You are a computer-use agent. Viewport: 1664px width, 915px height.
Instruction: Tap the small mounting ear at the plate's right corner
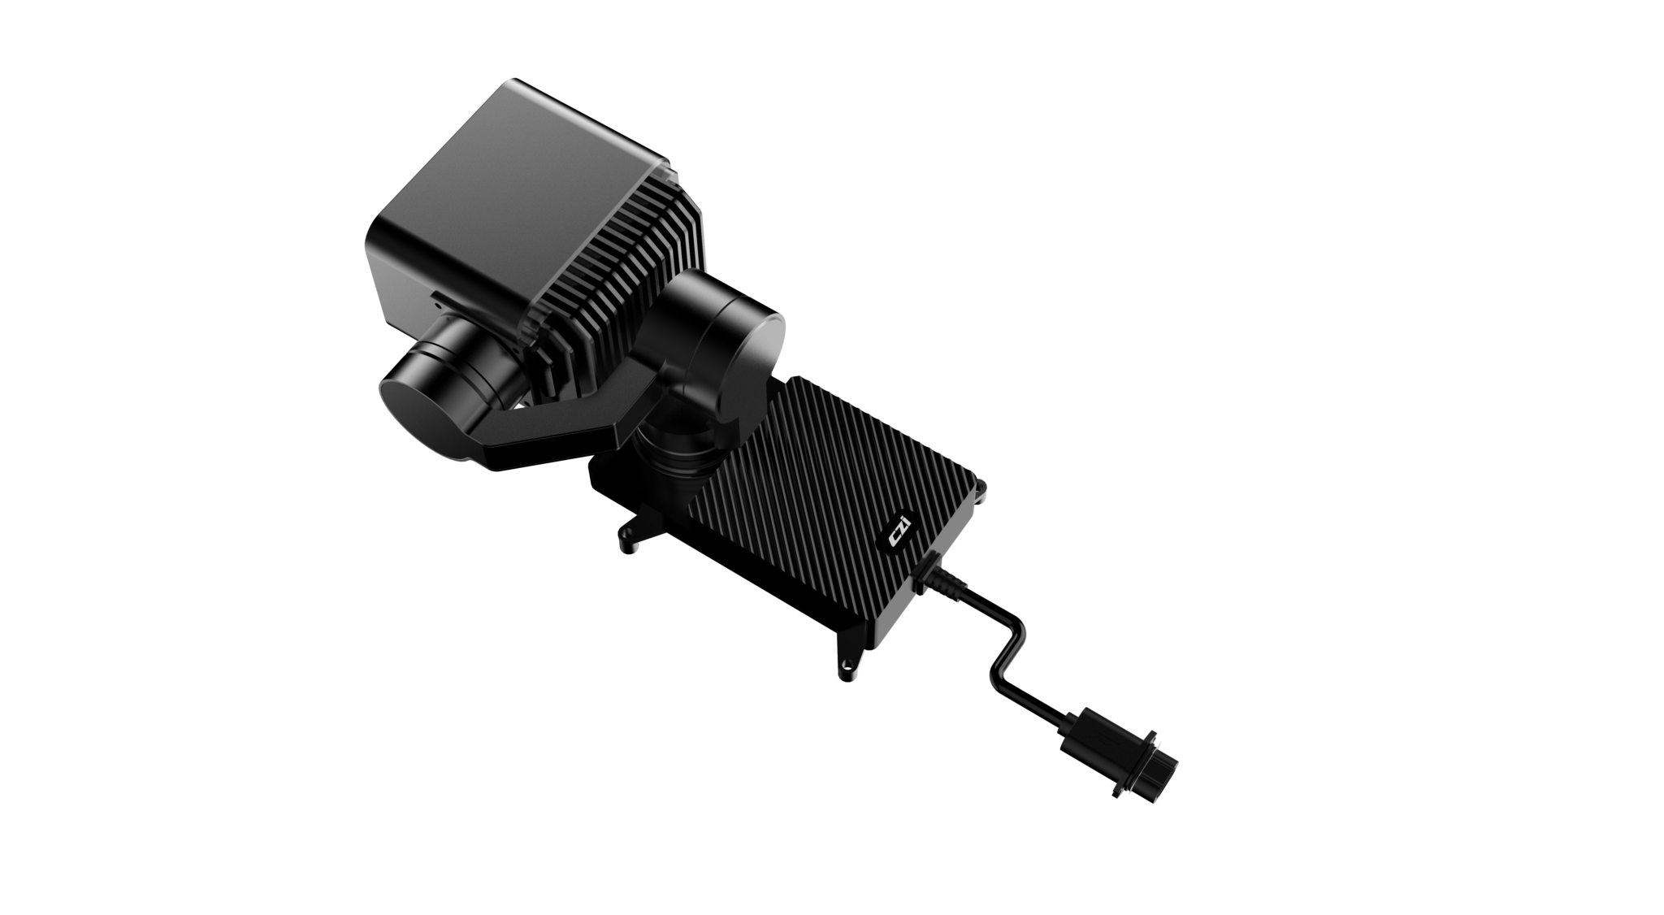tap(984, 492)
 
